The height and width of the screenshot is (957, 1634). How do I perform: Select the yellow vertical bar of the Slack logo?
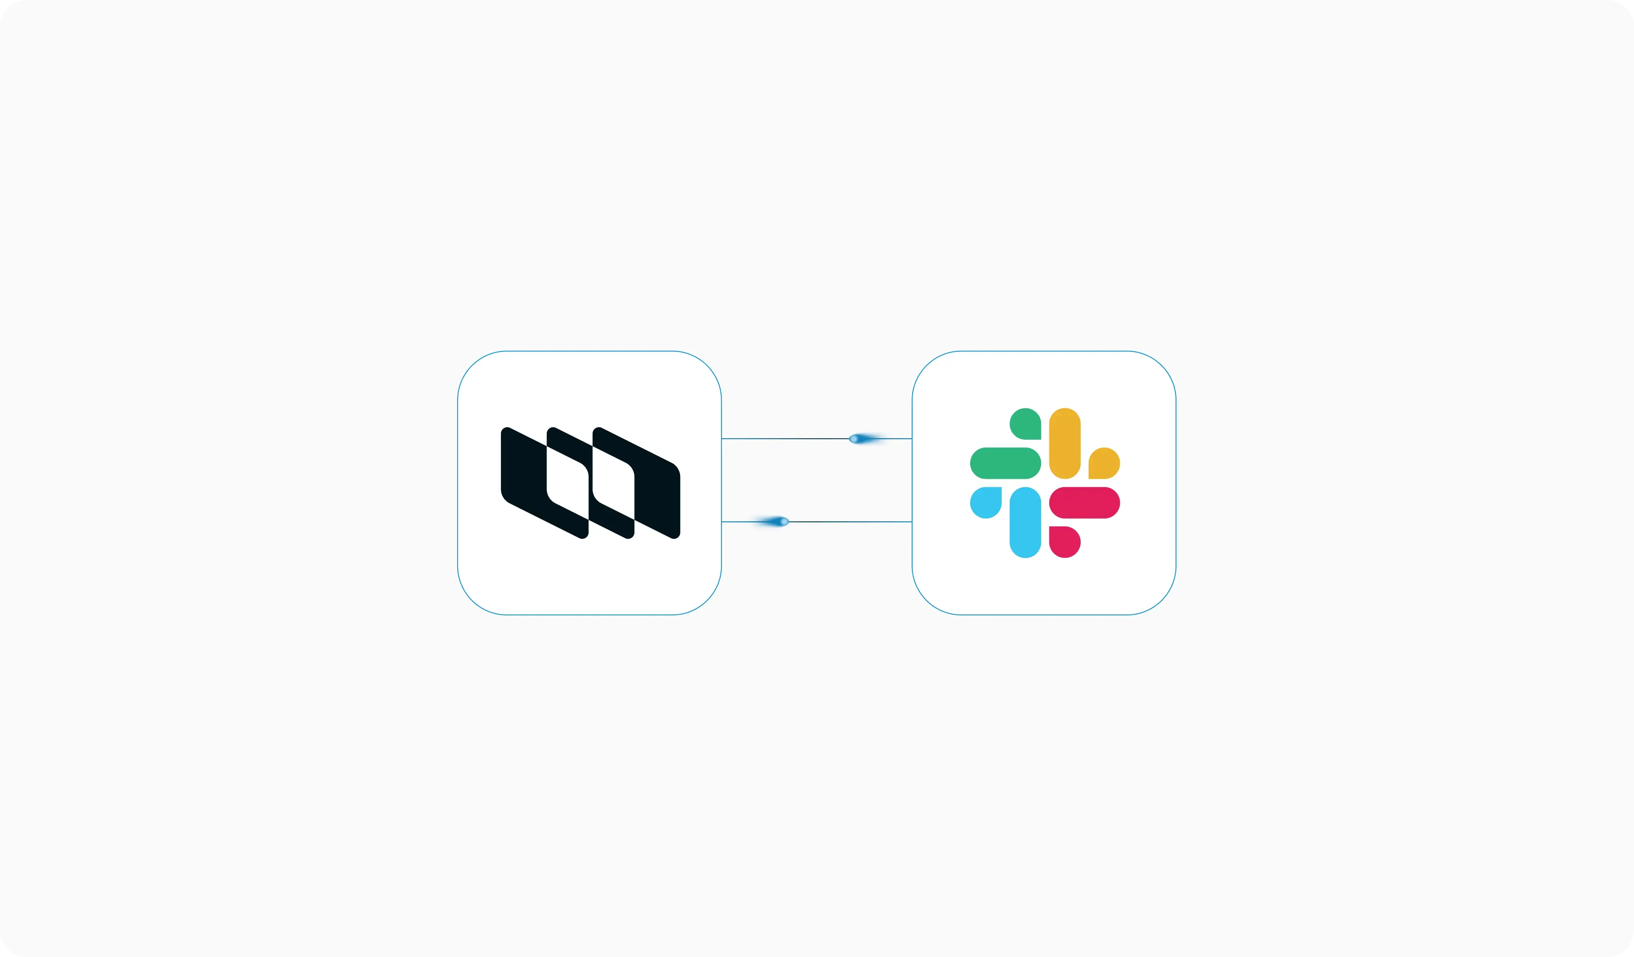click(1065, 443)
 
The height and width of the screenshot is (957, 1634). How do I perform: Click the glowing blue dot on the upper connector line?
click(855, 439)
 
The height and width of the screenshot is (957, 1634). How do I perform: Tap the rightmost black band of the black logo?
click(657, 493)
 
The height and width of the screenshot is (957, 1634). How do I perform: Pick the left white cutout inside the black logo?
click(567, 483)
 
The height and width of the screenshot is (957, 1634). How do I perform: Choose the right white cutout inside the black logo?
click(613, 483)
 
